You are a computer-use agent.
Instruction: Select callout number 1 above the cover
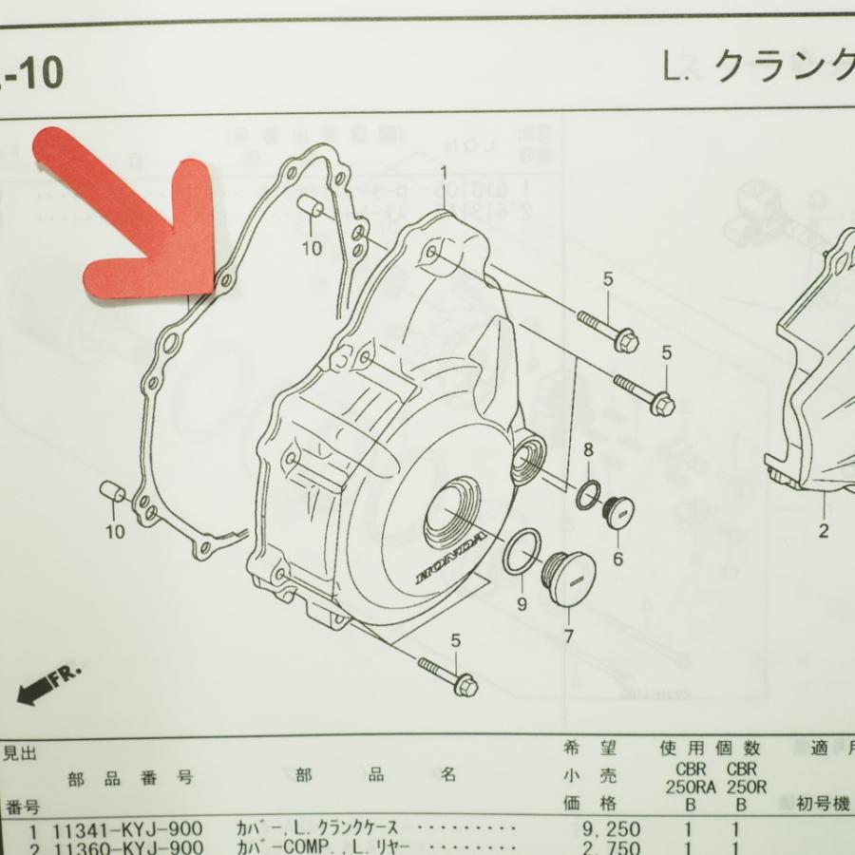443,172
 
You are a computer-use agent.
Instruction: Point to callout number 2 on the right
824,531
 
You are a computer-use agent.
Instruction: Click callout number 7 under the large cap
568,636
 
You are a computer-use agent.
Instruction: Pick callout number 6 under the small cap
617,559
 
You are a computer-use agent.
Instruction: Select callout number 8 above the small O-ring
589,448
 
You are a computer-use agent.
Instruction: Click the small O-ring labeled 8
587,495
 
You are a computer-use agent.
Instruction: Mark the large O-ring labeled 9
522,553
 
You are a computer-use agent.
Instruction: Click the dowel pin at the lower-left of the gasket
113,492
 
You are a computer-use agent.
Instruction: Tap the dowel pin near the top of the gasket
313,210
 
